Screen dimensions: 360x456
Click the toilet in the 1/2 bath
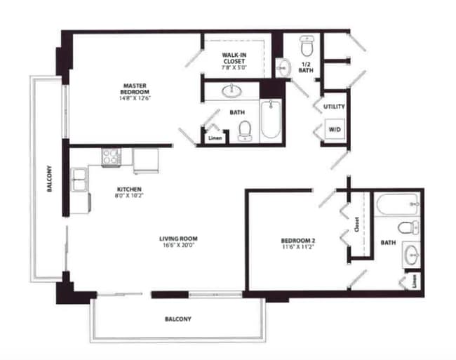[306, 46]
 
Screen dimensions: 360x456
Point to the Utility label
[333, 107]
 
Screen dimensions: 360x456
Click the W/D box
[333, 128]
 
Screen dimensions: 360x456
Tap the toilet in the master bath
[245, 130]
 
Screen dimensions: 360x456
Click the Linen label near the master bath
[215, 138]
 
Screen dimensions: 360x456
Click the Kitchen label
[130, 192]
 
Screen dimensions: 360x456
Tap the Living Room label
[178, 242]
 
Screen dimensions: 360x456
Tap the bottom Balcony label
[177, 319]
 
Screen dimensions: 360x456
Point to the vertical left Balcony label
[49, 182]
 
